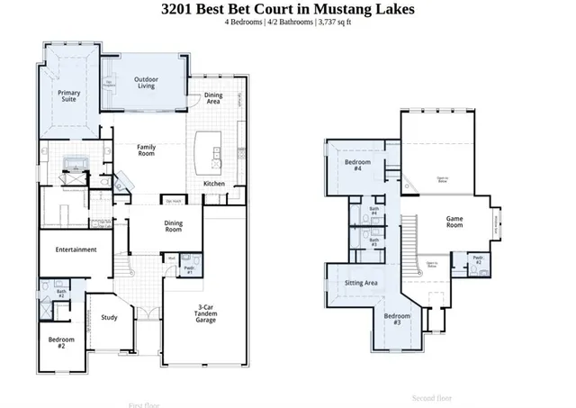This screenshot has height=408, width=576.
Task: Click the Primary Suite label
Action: coord(69,96)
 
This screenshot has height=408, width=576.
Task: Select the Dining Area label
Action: coord(213,98)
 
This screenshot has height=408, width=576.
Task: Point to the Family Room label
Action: coord(147,150)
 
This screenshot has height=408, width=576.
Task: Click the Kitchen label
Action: coord(214,184)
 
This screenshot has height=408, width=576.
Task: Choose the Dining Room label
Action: coord(174,227)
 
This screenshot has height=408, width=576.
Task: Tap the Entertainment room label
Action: coord(76,249)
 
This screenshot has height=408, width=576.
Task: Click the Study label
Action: coord(109,317)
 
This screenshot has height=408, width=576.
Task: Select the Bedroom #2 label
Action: coord(61,342)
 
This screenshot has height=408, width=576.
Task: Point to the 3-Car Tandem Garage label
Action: coord(211,314)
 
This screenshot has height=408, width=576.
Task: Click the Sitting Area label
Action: coord(361,283)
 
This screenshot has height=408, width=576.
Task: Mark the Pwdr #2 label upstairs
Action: coord(478,262)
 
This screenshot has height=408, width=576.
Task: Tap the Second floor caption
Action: coord(432,397)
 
